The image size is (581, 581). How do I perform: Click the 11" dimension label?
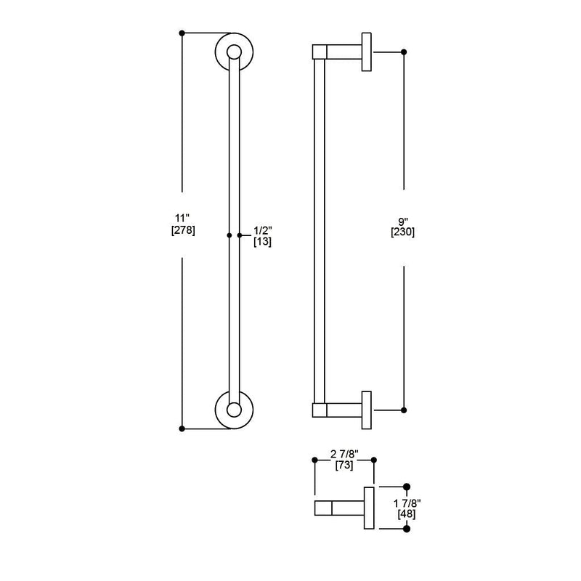point(182,218)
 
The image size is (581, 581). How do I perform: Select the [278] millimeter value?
point(183,230)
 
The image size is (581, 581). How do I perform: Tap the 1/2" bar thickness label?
point(263,230)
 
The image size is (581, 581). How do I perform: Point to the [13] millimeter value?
point(262,242)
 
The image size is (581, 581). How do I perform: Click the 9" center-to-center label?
point(403,222)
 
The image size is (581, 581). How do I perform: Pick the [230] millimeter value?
point(403,232)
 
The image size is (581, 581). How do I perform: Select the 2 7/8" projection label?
point(344,453)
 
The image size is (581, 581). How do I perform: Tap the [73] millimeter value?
point(344,465)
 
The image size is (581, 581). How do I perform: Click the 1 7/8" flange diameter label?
point(407,503)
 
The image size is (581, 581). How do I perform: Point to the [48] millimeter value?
point(407,514)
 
